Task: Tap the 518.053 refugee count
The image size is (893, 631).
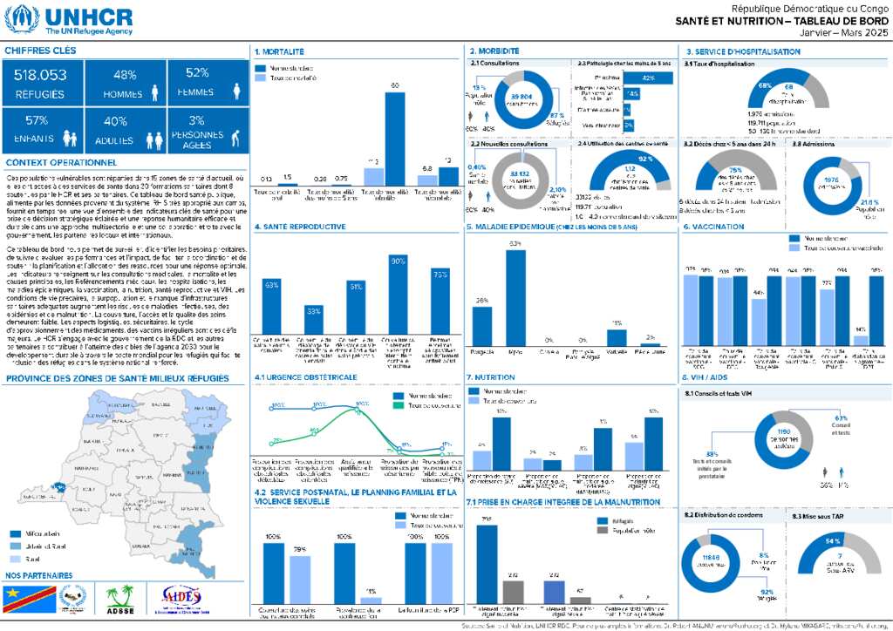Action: tap(41, 76)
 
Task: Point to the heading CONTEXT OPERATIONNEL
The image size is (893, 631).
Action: tap(61, 163)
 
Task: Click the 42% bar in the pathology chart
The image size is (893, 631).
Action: tap(647, 78)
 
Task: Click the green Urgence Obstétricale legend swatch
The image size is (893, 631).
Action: tap(388, 405)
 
